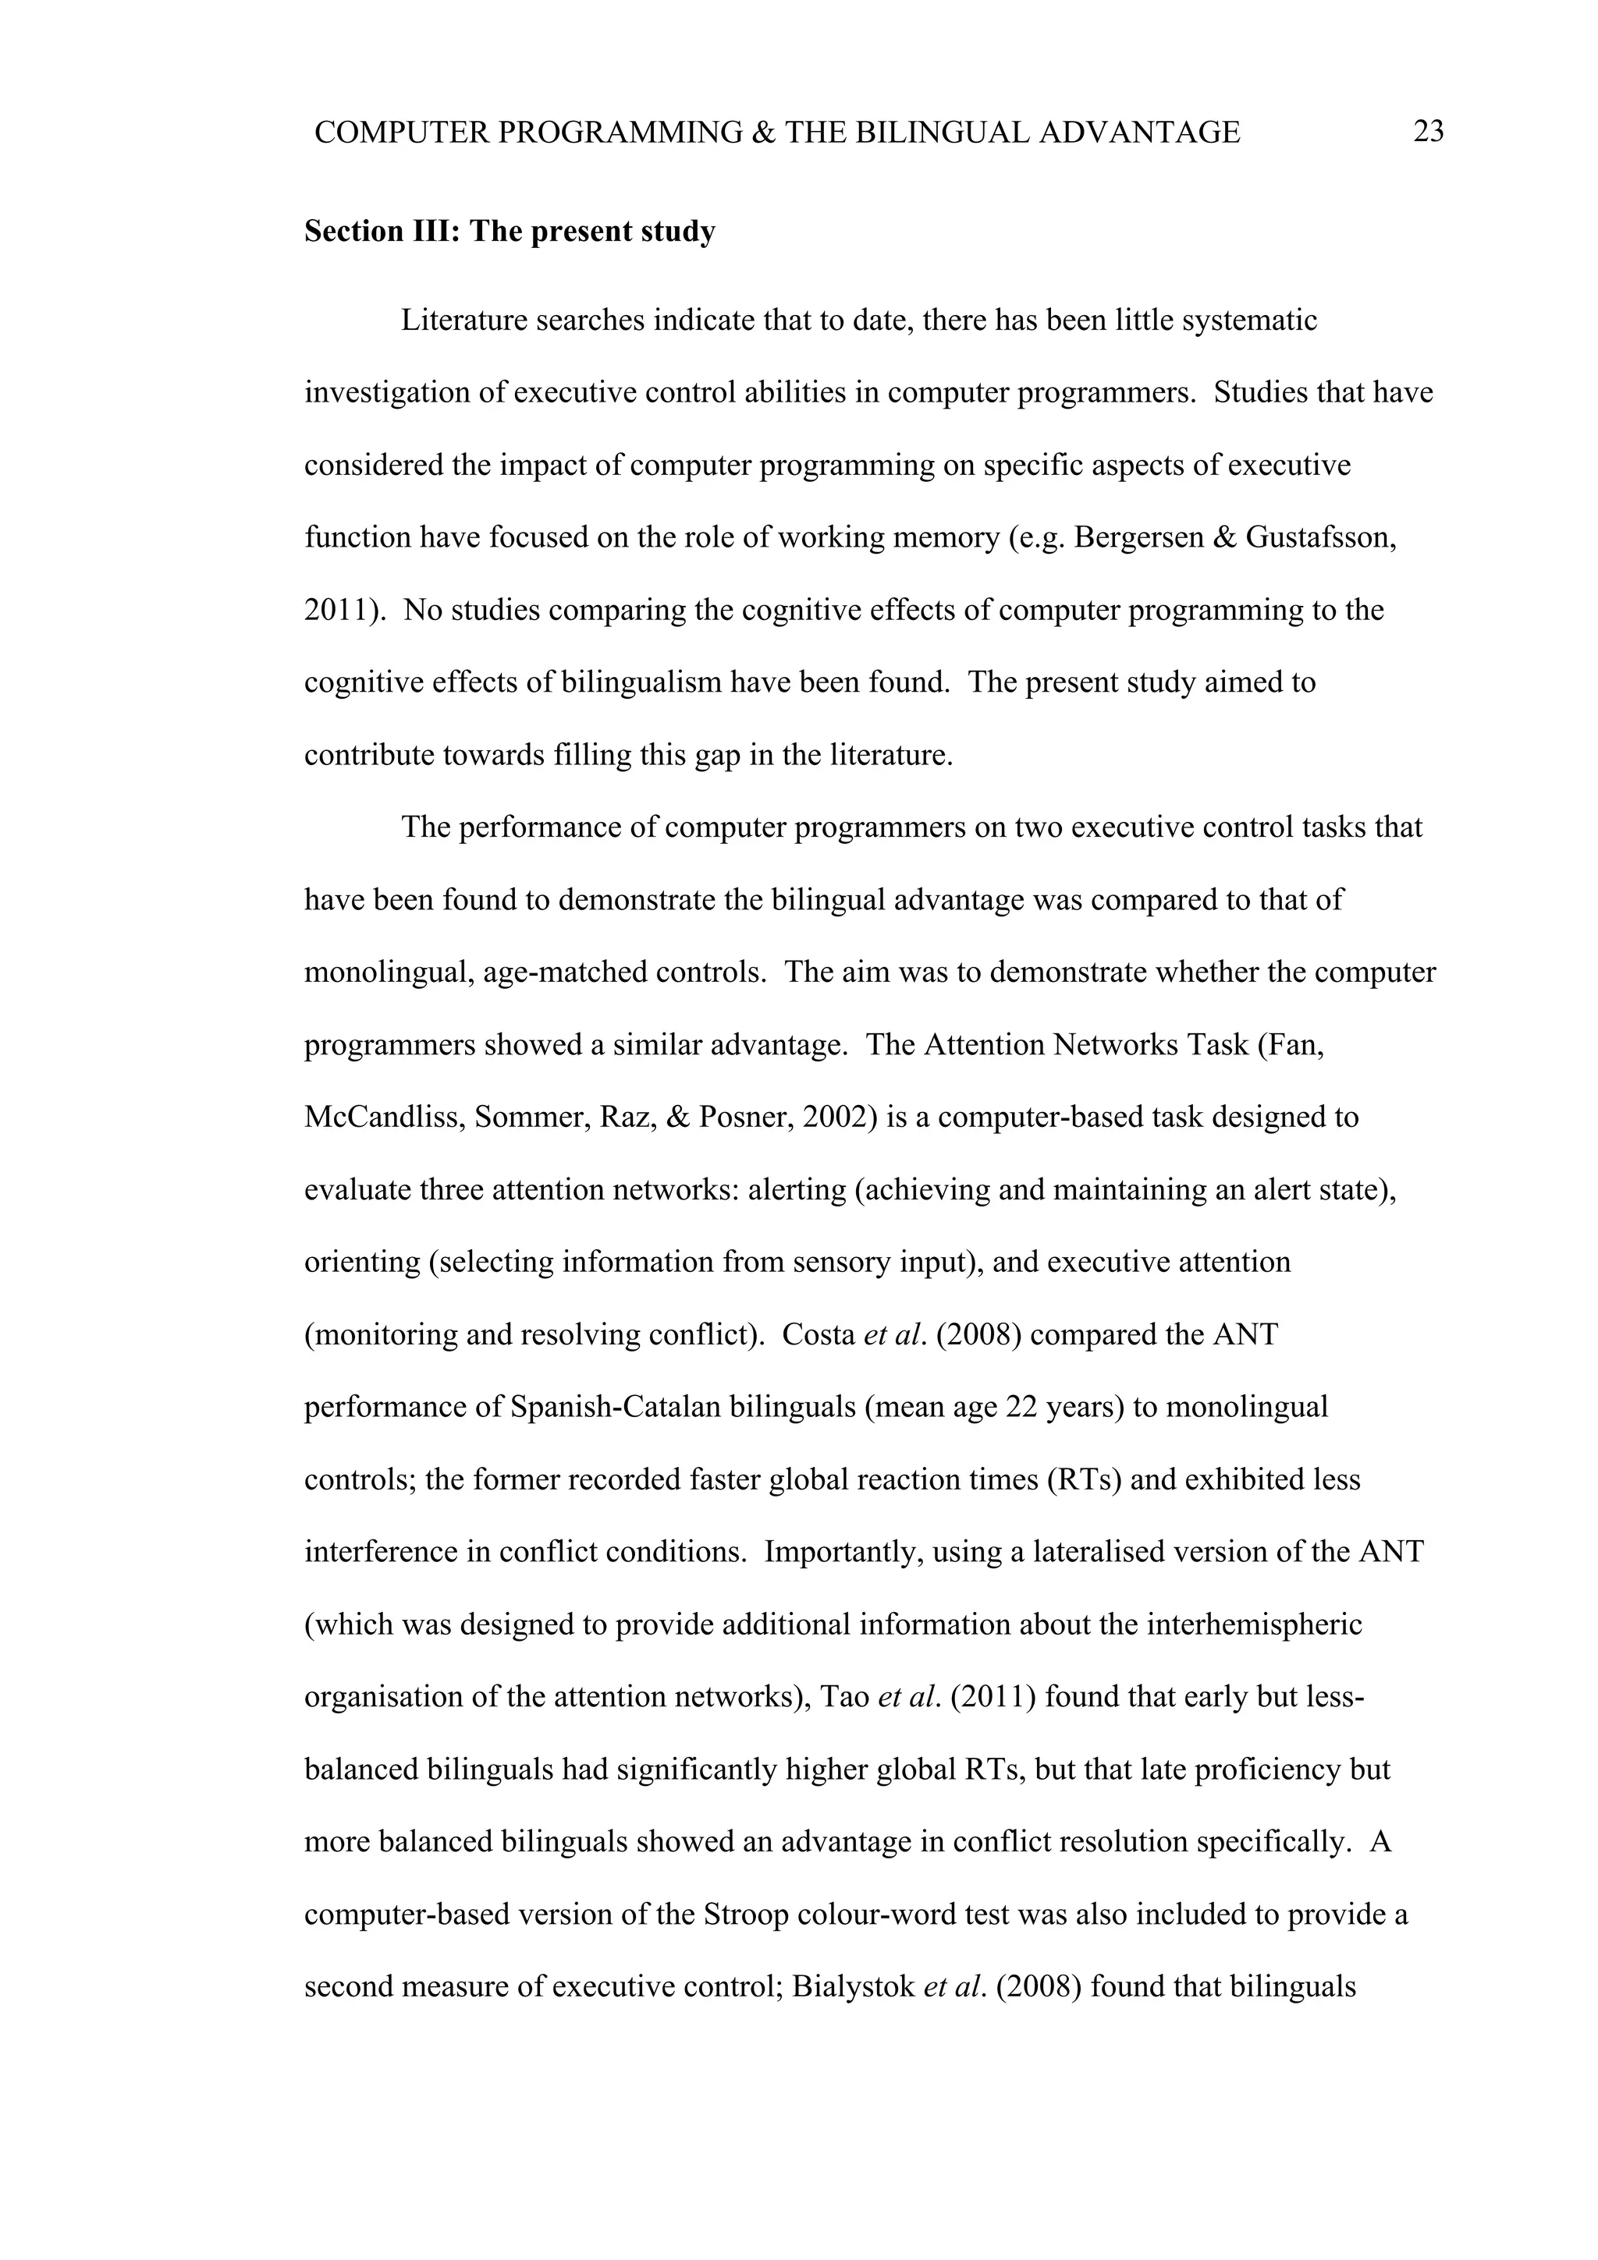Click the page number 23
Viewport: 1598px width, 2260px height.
(1428, 132)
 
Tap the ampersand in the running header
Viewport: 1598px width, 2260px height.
(763, 132)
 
